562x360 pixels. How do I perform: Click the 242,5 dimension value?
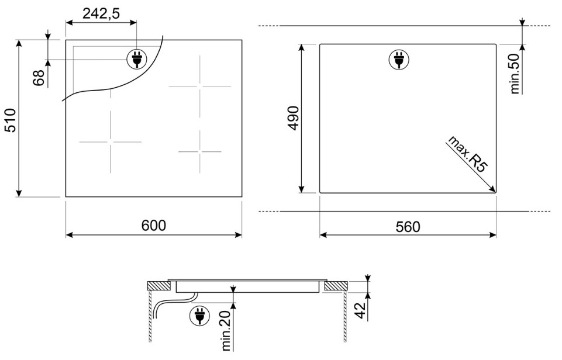pos(101,13)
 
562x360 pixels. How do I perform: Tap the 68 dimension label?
pos(39,78)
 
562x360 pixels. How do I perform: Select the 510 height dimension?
pos(11,120)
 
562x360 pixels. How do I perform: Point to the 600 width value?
pos(154,226)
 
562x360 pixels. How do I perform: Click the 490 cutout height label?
pos(294,118)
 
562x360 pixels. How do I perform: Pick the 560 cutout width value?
pos(408,227)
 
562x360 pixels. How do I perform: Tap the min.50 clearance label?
pos(515,74)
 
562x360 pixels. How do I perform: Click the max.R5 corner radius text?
pos(467,154)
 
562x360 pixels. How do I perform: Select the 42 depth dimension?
pos(361,310)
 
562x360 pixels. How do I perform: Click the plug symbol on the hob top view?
pos(137,59)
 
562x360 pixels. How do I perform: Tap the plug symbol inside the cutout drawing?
pos(399,60)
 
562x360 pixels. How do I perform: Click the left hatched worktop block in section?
pos(159,286)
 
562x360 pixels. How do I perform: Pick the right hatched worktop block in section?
pos(336,286)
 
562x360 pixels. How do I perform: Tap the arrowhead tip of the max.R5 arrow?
pos(496,192)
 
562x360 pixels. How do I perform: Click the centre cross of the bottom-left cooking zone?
pos(111,142)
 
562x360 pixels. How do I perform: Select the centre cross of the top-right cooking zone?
pos(200,86)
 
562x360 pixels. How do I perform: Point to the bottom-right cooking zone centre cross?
pos(200,152)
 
